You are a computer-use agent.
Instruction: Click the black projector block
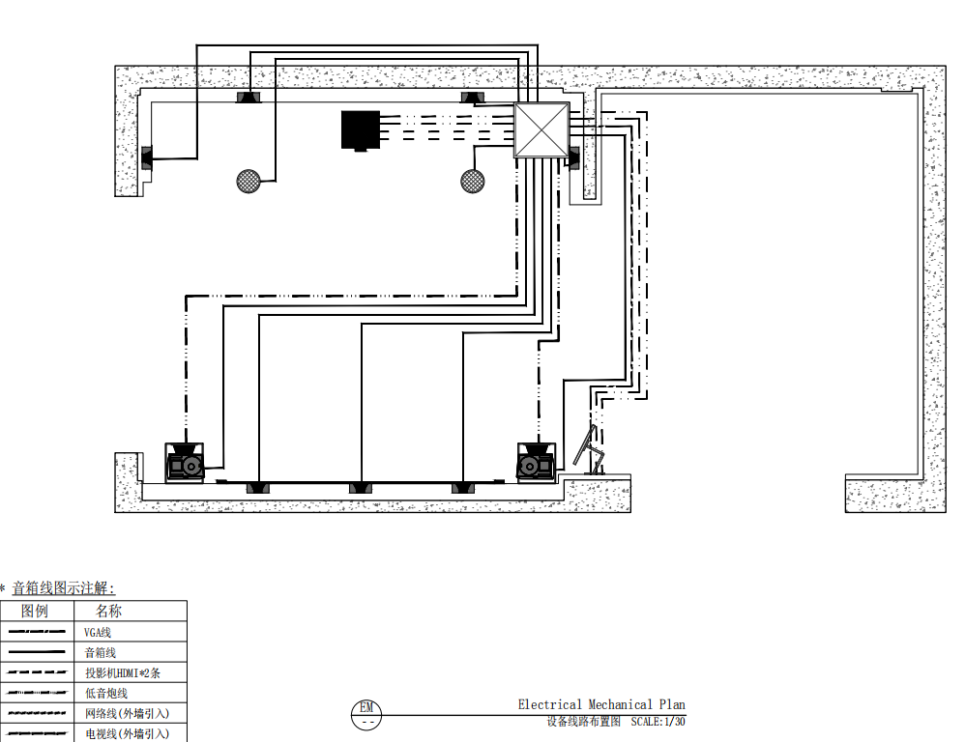click(361, 129)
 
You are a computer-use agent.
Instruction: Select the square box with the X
click(541, 129)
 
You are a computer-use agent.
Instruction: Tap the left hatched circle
click(249, 182)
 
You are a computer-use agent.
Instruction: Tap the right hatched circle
click(473, 182)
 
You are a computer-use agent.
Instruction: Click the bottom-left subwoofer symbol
click(185, 462)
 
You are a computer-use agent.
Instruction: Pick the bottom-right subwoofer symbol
click(537, 462)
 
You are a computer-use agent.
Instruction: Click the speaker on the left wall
click(147, 158)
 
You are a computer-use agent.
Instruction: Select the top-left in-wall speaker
click(249, 98)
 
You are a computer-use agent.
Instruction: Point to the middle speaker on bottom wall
click(361, 488)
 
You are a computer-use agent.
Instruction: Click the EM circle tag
click(366, 715)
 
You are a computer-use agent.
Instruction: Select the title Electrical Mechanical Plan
click(601, 704)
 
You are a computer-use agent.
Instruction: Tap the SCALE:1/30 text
click(658, 722)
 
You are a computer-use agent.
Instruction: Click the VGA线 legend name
click(98, 632)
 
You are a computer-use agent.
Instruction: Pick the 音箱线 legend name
click(101, 652)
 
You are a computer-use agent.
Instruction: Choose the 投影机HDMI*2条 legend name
click(123, 672)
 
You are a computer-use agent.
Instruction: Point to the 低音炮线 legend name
click(106, 693)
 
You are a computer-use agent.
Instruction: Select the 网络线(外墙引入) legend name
click(128, 713)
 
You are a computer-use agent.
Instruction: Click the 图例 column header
click(35, 611)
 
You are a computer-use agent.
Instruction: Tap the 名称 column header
click(109, 611)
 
